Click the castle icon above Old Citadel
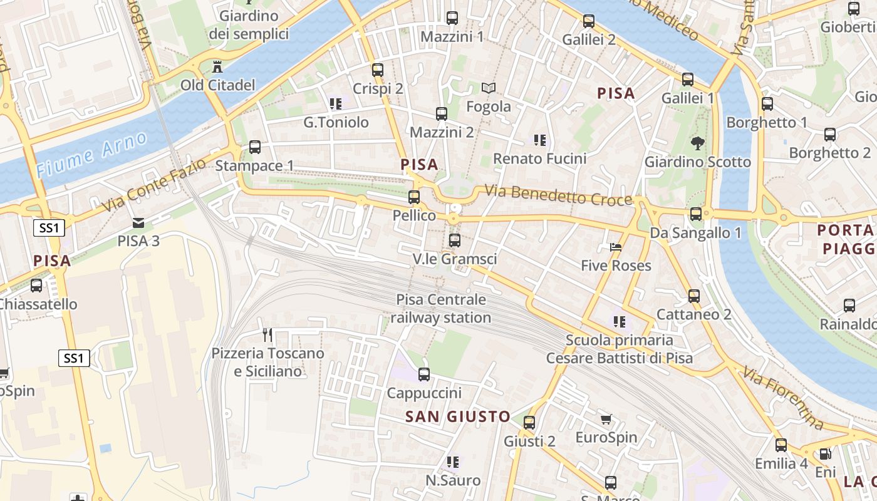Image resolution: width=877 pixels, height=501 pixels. [217, 66]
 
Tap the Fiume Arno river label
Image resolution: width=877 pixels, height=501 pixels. [91, 154]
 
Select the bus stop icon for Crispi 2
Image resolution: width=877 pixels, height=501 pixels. [377, 70]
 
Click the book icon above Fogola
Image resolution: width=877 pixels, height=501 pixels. [489, 88]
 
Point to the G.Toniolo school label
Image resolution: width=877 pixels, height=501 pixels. [336, 122]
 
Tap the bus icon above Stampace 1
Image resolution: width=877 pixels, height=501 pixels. [255, 147]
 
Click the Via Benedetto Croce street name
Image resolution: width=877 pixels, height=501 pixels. [558, 195]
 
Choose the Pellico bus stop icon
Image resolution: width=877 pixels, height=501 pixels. [414, 197]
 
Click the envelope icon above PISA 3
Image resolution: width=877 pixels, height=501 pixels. [138, 222]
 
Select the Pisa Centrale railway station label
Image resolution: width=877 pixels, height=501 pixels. [441, 309]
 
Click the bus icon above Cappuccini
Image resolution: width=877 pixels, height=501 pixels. [424, 374]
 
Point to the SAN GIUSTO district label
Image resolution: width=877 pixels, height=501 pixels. [458, 416]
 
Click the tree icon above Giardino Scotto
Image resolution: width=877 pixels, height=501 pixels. [697, 143]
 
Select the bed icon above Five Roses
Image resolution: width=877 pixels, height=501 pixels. [616, 247]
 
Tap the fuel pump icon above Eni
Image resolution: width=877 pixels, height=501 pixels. [826, 454]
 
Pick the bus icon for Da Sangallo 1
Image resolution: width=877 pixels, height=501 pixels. [696, 214]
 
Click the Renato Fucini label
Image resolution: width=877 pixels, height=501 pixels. [540, 158]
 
